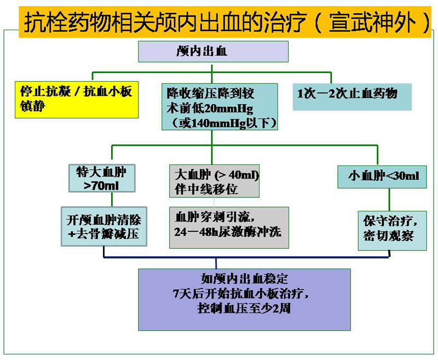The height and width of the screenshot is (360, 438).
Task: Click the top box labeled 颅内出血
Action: point(213,52)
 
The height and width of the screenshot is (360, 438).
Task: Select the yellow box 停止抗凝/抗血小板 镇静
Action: point(77,99)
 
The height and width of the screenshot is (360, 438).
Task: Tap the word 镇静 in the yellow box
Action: point(33,106)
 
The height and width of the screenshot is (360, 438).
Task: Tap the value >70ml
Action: point(101,186)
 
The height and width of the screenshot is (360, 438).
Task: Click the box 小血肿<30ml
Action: point(382,176)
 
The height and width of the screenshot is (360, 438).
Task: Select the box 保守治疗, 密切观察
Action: point(392,229)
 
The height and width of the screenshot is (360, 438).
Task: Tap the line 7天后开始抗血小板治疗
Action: point(244,293)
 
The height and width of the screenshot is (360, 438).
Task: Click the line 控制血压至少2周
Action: point(244,308)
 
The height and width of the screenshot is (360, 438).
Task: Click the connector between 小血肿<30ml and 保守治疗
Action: point(389,199)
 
